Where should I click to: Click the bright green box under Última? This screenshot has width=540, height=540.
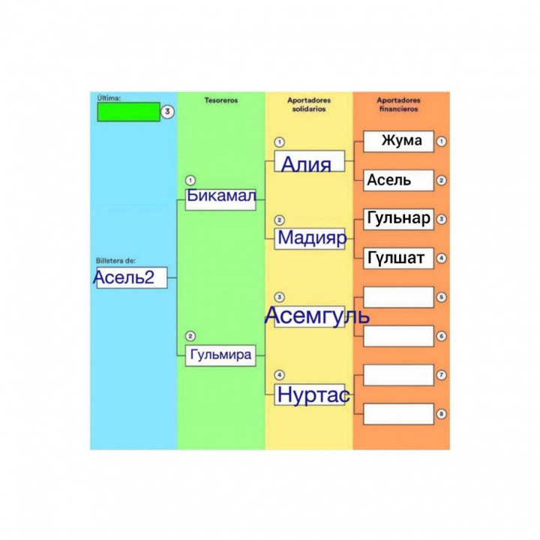129,112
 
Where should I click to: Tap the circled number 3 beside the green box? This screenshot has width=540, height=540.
167,112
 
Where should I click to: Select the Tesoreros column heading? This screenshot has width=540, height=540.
221,100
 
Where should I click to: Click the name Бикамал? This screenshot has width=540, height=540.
221,196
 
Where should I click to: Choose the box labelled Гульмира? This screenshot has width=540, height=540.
220,355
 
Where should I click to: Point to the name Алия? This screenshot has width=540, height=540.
306,164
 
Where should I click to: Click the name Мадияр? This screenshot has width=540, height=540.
312,238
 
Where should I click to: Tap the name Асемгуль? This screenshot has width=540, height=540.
316,316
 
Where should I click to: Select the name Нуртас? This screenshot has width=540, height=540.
313,394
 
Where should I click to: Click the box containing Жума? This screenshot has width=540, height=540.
398,141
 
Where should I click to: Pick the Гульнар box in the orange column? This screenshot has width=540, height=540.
398,219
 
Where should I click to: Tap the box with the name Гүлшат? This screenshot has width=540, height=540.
398,258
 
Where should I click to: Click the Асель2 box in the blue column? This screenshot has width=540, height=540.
132,277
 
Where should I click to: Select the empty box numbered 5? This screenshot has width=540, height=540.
398,297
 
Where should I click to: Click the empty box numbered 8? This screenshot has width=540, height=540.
398,414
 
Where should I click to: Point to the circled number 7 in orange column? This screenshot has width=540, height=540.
441,375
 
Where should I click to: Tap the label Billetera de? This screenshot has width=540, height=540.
115,261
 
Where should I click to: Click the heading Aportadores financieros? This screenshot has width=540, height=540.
398,104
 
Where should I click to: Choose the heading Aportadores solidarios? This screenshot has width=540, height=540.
309,104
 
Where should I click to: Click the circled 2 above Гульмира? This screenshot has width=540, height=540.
190,336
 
